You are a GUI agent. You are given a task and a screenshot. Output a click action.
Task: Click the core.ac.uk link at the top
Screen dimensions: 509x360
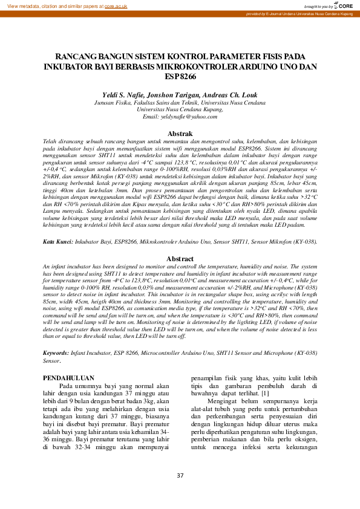pyautogui.click(x=116, y=5)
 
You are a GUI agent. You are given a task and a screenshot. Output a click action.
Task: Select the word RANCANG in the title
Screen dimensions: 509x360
pyautogui.click(x=75, y=54)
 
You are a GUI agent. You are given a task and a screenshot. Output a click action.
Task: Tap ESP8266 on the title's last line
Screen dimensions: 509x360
pyautogui.click(x=180, y=76)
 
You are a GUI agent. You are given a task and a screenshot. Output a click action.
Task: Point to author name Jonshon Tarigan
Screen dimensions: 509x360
pyautogui.click(x=174, y=96)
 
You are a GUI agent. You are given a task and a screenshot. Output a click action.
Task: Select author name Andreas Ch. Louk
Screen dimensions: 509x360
pyautogui.click(x=231, y=96)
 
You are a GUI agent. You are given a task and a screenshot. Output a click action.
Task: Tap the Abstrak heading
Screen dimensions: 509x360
pyautogui.click(x=180, y=133)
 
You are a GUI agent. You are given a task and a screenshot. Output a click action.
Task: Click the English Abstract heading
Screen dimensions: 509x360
pyautogui.click(x=180, y=275)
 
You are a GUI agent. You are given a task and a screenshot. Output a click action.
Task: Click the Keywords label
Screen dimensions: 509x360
pyautogui.click(x=56, y=352)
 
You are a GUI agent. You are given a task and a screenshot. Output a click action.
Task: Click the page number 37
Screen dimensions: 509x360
pyautogui.click(x=180, y=476)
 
